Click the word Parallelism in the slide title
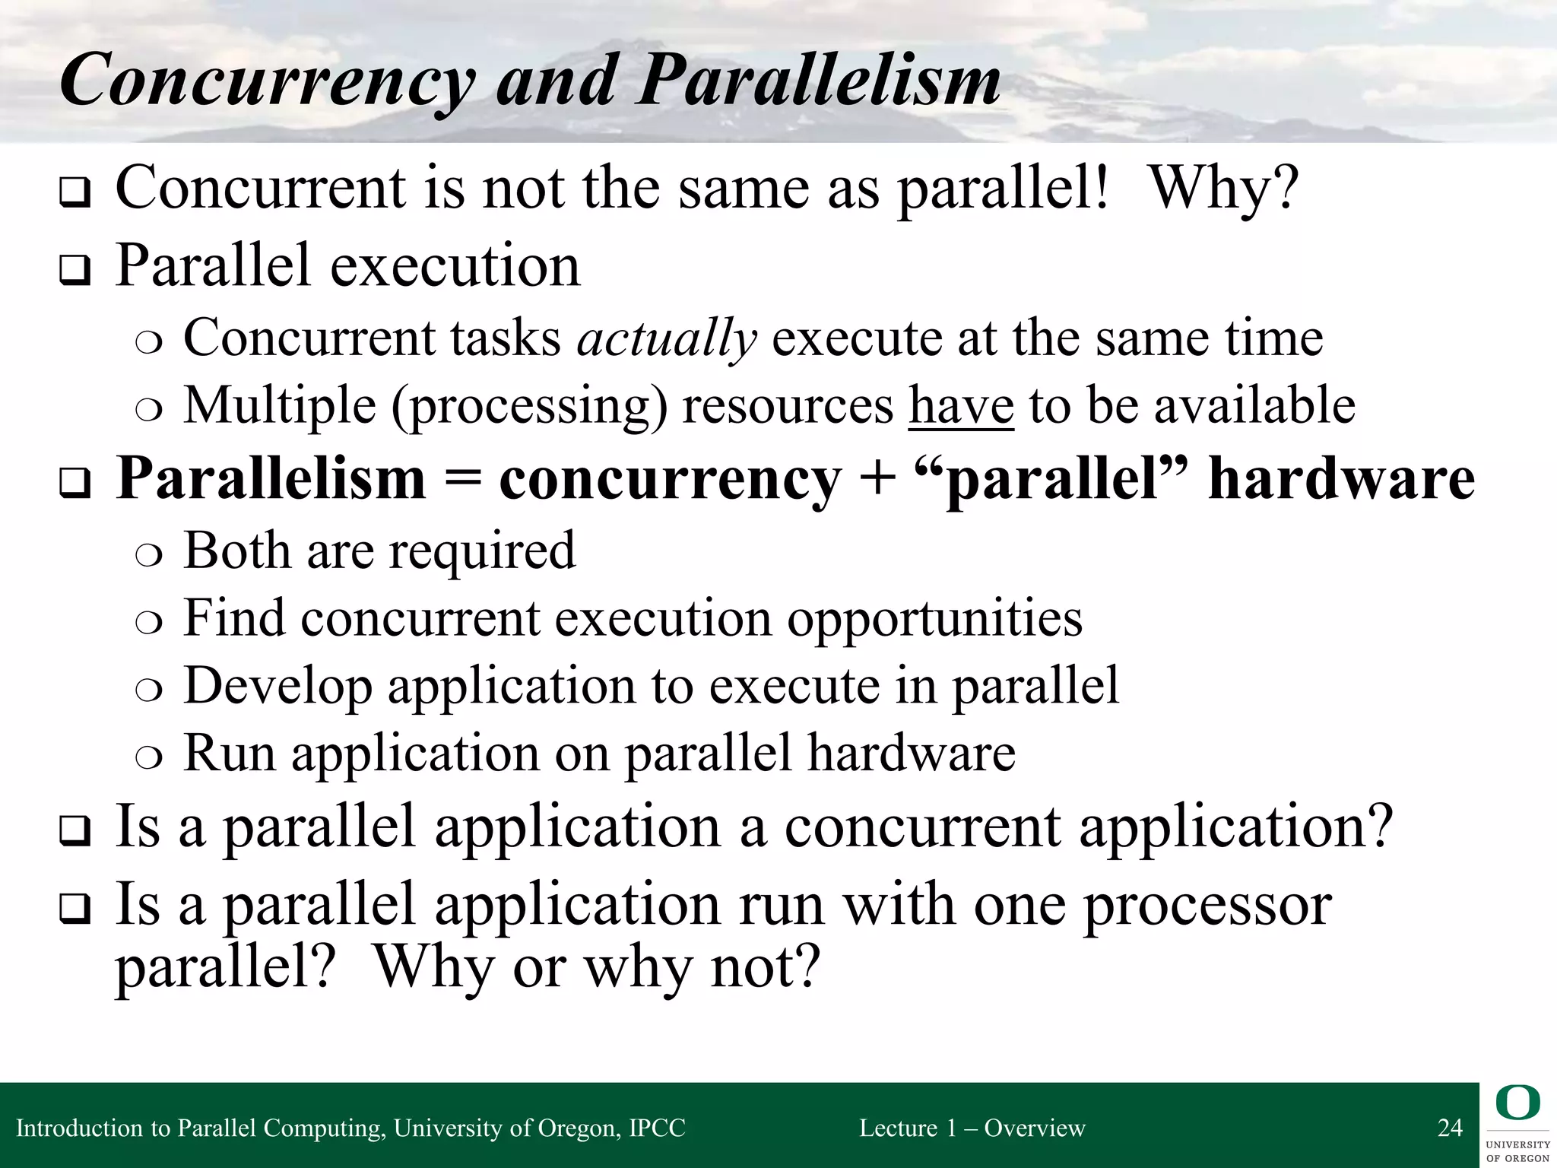click(820, 81)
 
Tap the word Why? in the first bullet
click(1224, 189)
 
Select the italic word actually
click(667, 338)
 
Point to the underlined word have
click(961, 405)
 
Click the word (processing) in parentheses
click(529, 406)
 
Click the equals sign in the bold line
click(462, 479)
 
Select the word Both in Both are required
click(236, 550)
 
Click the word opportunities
click(934, 619)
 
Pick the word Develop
click(278, 687)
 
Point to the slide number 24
click(1450, 1128)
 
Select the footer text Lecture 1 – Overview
click(972, 1128)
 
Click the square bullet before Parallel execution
click(75, 271)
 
